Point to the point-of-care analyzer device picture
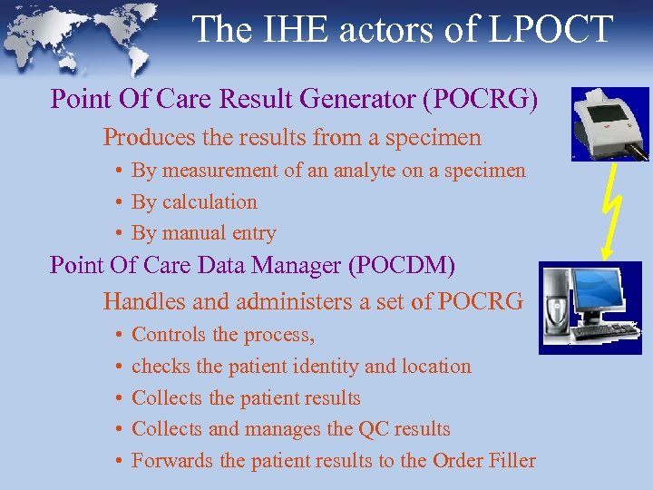609,122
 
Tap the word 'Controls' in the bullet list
170,335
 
